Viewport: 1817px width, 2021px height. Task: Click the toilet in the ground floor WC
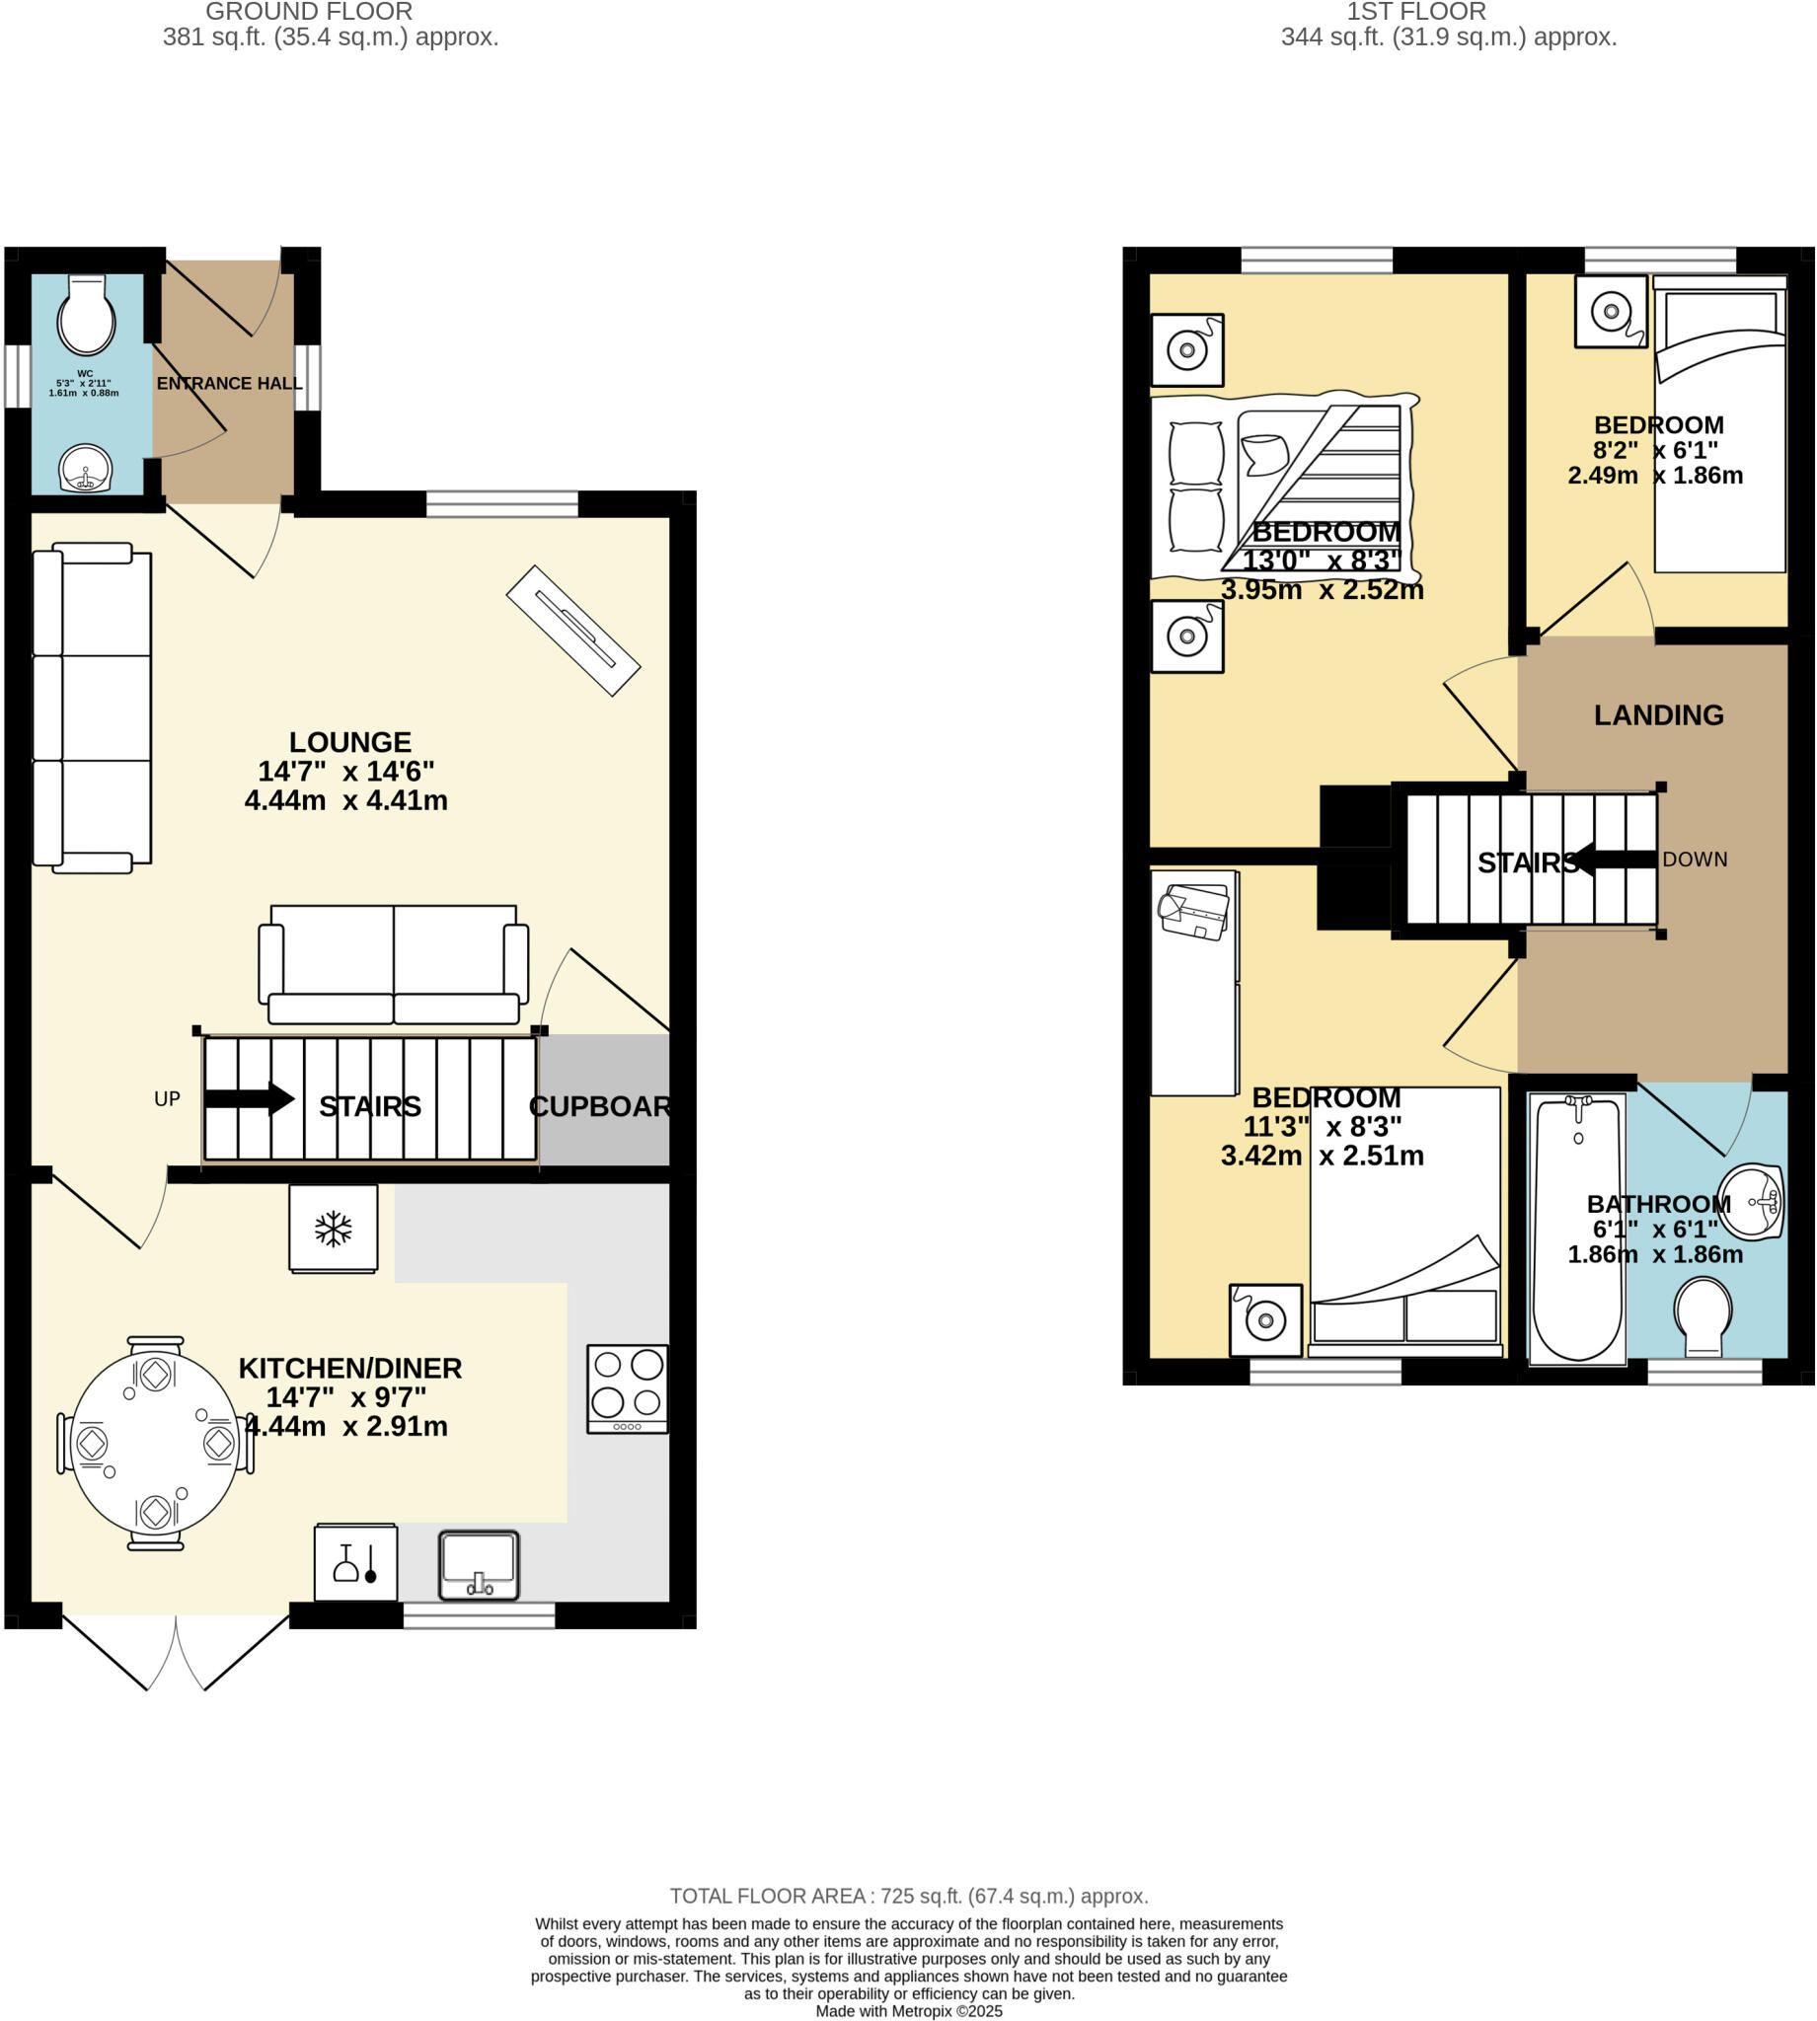point(87,315)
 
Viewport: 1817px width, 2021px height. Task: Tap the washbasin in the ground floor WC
point(86,468)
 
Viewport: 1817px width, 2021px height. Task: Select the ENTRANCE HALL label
point(229,383)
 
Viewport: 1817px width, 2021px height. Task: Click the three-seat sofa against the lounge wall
point(92,708)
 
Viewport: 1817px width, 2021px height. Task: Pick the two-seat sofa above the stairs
point(394,964)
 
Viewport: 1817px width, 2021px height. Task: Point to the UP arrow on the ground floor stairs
point(249,1100)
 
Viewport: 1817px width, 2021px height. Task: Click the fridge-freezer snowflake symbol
point(334,1229)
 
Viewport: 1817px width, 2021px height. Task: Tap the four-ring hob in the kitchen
point(627,1388)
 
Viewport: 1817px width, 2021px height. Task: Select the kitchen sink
point(480,1565)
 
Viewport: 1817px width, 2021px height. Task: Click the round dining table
point(156,1443)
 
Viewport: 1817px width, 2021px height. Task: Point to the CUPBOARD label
point(599,1106)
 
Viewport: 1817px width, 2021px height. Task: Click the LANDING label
point(1658,714)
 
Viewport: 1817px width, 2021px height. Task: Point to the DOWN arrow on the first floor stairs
point(1616,860)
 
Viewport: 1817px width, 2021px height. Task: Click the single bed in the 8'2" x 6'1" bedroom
point(1719,429)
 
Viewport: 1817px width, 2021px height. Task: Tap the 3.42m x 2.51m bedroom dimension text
point(1322,1156)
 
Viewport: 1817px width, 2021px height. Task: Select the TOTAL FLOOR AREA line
point(908,1896)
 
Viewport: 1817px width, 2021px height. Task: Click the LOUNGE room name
point(349,741)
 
